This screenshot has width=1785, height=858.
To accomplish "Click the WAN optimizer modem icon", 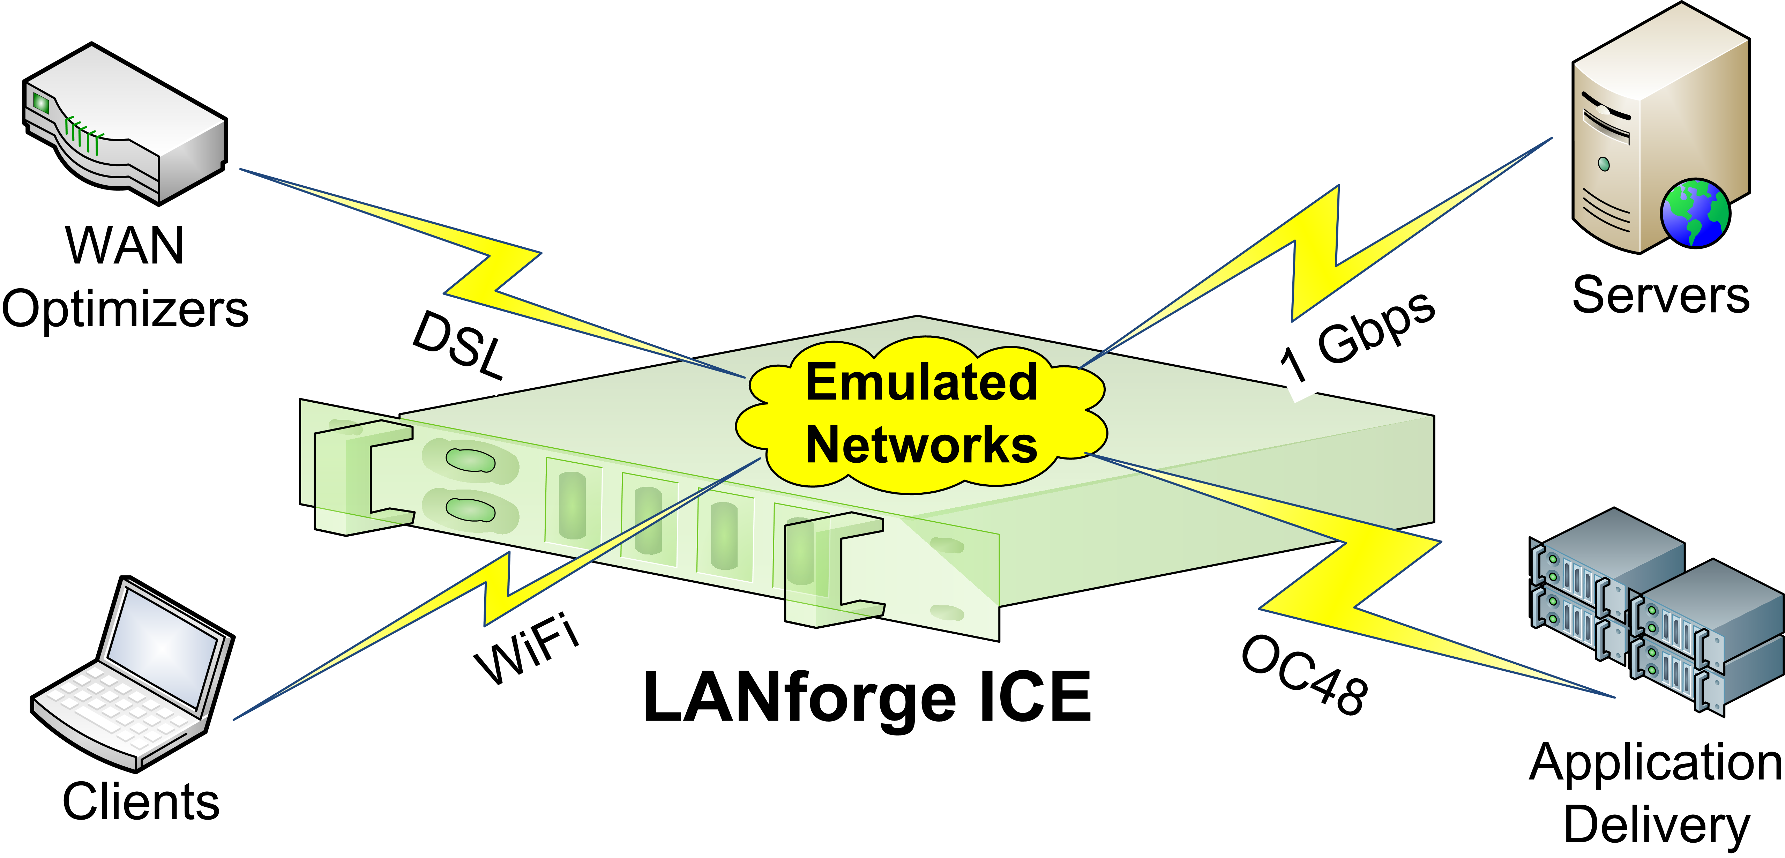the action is point(125,124).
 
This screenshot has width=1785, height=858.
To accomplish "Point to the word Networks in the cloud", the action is point(921,444).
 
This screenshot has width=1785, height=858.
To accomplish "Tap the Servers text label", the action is point(1661,295).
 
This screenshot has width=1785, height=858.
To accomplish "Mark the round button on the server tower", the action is point(1604,164).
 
